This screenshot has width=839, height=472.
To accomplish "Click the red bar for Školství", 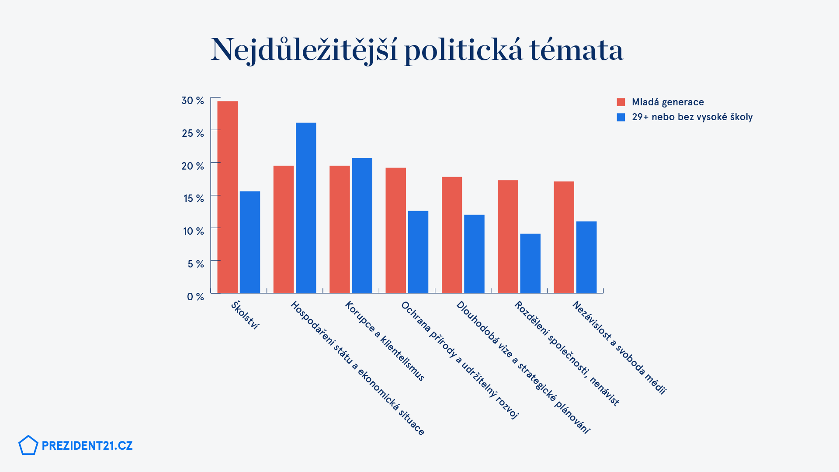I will click(227, 197).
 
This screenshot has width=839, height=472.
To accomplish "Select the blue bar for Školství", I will click(250, 242).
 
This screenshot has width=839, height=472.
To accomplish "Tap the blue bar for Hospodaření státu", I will click(306, 208).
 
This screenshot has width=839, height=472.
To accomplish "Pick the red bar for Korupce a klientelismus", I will click(340, 229).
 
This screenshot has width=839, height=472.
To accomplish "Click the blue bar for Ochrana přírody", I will click(418, 252).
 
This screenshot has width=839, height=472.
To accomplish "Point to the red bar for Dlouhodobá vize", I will click(452, 235).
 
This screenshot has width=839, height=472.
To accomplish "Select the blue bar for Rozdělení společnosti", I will click(530, 263).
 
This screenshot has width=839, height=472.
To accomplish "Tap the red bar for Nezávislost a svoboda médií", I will click(564, 237).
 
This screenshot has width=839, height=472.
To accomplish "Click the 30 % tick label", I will click(193, 101).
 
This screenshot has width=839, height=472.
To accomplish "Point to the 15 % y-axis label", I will click(194, 198).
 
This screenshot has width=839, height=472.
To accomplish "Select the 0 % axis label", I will click(195, 297).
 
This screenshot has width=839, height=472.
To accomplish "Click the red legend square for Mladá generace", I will click(621, 102).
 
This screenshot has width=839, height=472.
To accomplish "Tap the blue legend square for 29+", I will click(621, 117).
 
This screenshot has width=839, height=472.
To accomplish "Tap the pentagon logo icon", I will click(28, 445).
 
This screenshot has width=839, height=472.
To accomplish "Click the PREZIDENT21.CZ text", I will click(87, 446).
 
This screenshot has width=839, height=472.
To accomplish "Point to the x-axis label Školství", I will click(245, 315).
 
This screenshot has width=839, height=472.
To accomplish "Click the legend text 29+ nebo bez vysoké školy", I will click(692, 117).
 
